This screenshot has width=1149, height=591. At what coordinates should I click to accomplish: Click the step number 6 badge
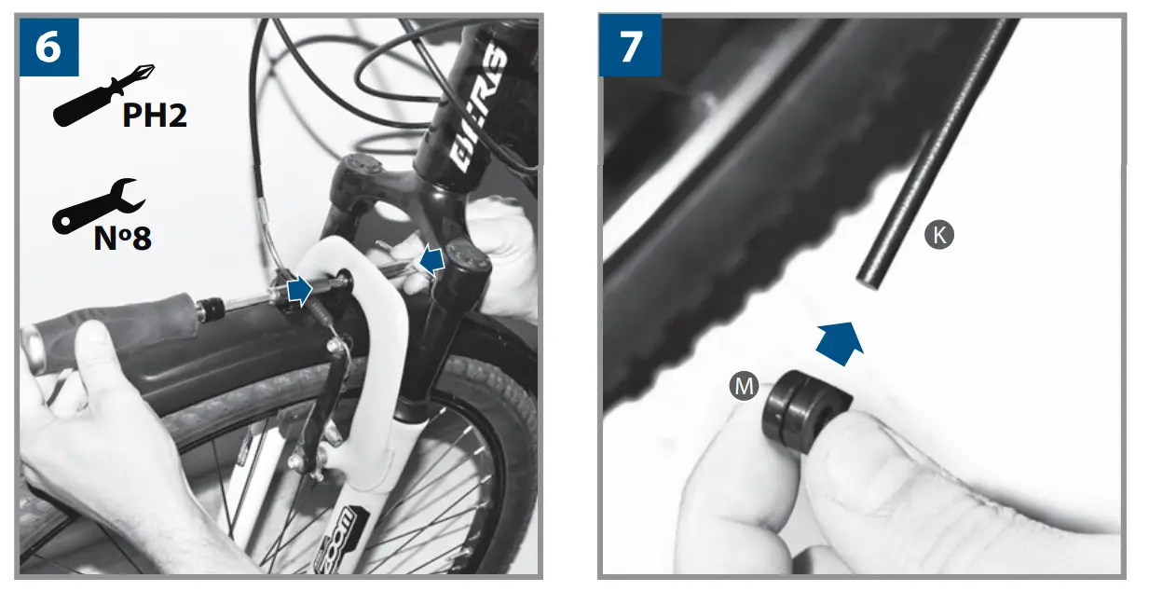48,47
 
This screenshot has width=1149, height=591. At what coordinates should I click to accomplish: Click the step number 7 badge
630,47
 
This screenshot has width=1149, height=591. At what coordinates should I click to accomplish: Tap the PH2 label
155,116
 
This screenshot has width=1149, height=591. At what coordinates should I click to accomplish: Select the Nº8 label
122,238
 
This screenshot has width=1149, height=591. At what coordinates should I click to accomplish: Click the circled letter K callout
938,235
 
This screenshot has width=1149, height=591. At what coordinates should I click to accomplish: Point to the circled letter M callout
744,386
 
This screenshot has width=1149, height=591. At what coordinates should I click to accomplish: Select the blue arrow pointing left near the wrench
431,262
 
